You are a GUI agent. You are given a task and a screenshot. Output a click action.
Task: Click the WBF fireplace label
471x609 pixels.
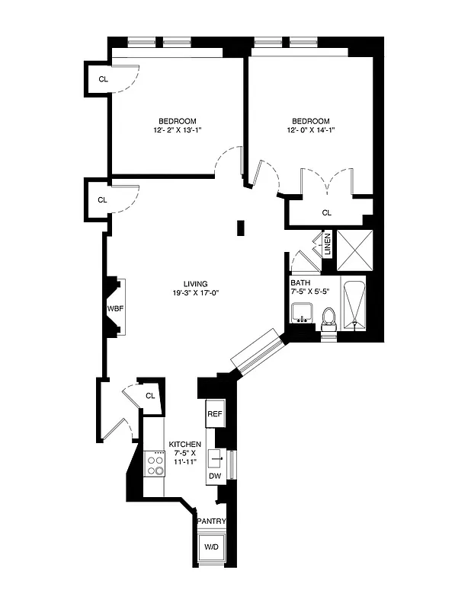pyautogui.click(x=114, y=309)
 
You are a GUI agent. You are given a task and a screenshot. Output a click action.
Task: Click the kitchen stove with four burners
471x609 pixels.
pyautogui.click(x=155, y=464)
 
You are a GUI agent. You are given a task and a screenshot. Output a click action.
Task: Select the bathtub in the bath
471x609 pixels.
pyautogui.click(x=354, y=304)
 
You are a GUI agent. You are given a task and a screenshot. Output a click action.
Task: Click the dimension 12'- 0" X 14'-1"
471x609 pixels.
pyautogui.click(x=311, y=131)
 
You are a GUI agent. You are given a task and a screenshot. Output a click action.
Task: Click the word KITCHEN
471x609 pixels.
pyautogui.click(x=185, y=444)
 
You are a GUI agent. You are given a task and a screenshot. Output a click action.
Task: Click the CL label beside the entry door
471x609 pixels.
pyautogui.click(x=150, y=395)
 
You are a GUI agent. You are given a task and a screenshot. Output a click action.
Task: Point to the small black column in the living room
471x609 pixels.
pyautogui.click(x=241, y=227)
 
